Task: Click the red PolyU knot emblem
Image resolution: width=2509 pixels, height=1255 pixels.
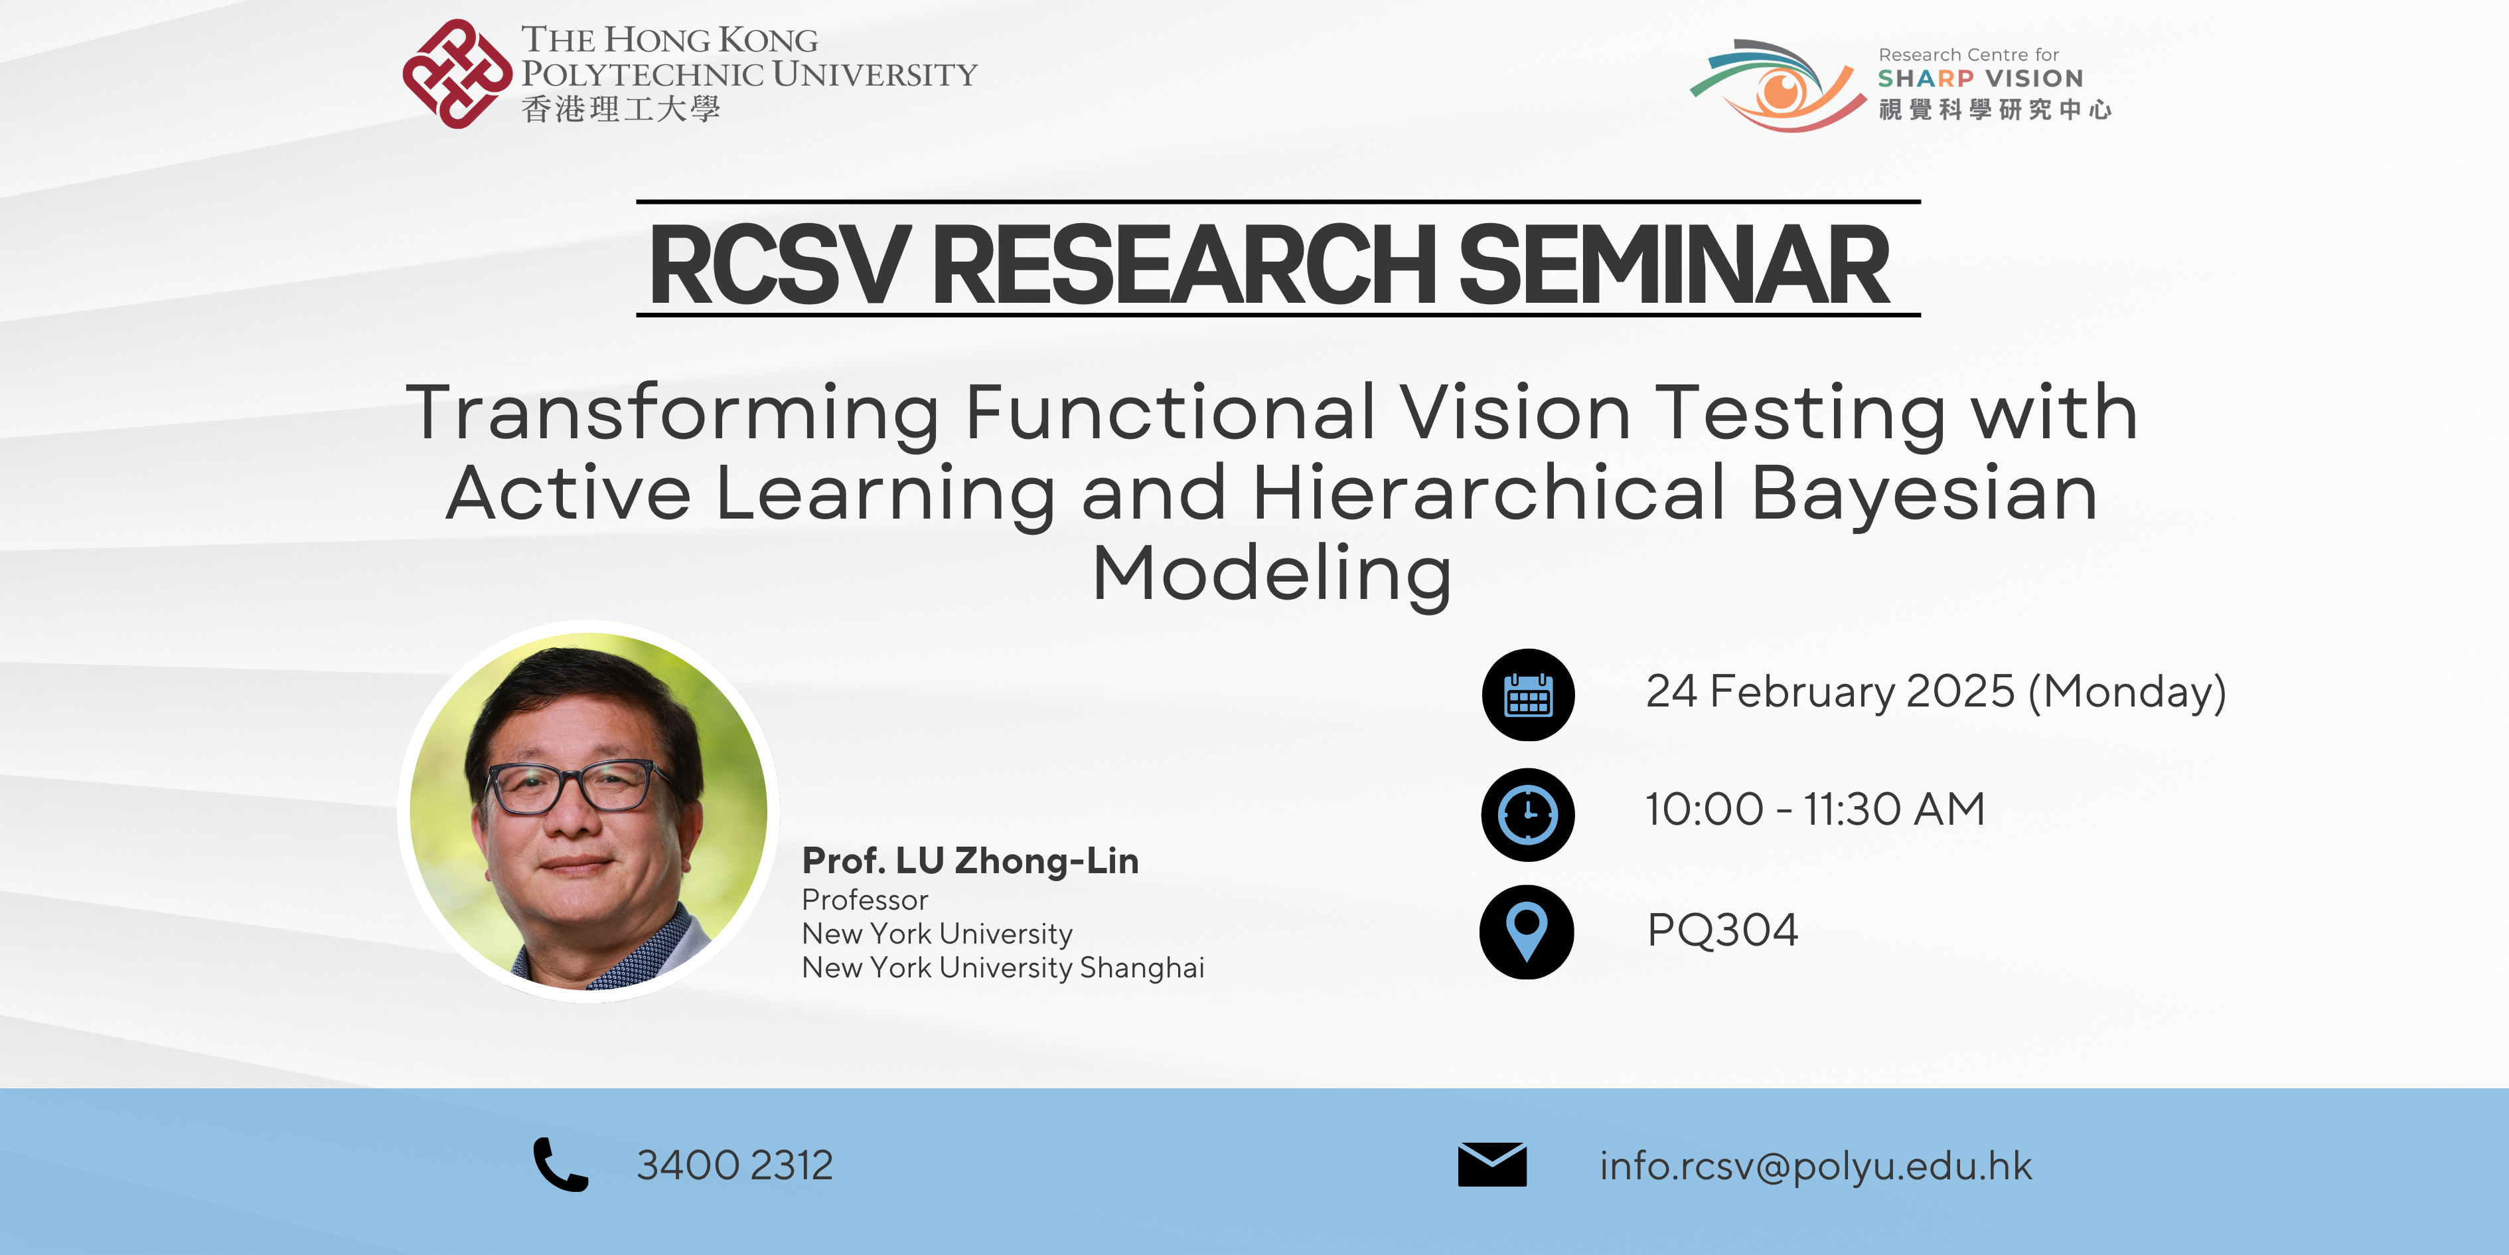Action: click(x=457, y=74)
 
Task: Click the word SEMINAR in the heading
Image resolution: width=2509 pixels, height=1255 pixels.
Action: click(x=1673, y=264)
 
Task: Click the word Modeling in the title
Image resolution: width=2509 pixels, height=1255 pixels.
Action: click(x=1271, y=573)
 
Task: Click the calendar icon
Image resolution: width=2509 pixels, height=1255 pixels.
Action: click(x=1527, y=695)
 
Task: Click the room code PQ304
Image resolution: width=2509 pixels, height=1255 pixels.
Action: click(x=1722, y=930)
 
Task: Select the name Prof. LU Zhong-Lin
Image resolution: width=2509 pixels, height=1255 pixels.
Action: click(x=969, y=861)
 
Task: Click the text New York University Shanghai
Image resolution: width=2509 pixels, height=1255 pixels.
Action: click(x=1002, y=967)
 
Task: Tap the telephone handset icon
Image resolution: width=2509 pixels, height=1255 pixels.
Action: click(x=560, y=1165)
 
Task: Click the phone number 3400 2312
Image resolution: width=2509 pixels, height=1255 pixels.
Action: click(x=734, y=1165)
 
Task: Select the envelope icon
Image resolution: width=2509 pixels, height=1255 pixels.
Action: click(x=1491, y=1165)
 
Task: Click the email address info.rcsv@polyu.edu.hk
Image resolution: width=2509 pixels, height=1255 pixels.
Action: click(x=1815, y=1165)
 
